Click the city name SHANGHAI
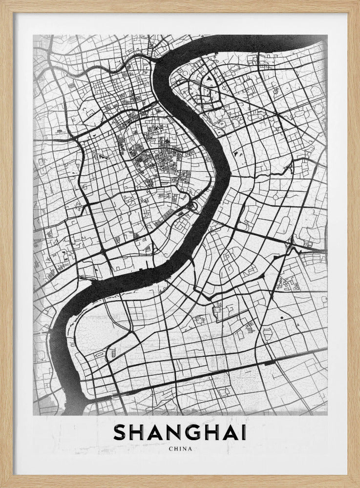180,432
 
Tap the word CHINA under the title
180,449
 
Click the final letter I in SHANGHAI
243,432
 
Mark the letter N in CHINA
185,449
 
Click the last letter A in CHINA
191,449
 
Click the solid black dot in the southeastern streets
282,318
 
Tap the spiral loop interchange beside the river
194,207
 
